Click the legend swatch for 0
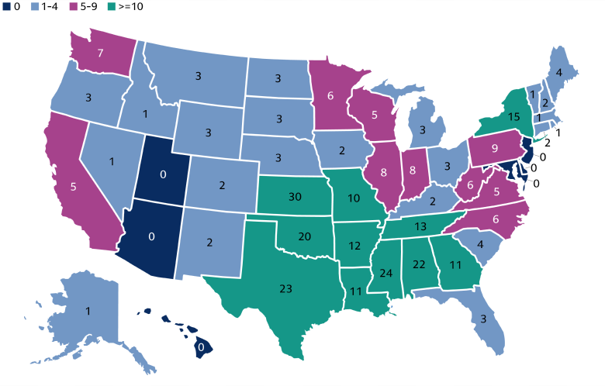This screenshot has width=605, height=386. point(7,6)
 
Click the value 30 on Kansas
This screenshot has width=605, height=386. point(294,197)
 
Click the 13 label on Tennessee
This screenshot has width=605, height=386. point(420,226)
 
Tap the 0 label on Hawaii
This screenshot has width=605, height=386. point(201,348)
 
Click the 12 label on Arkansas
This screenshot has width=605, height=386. point(355,246)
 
